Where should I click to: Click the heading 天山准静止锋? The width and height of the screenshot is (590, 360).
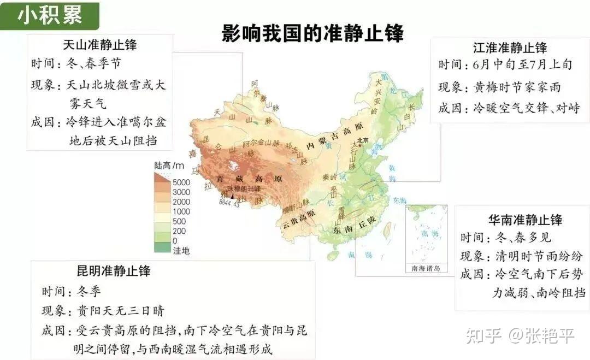[100, 45]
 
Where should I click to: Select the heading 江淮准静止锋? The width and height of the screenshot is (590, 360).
[510, 47]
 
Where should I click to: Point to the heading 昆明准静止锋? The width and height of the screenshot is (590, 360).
[114, 270]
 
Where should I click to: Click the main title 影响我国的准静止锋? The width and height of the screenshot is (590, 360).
[312, 33]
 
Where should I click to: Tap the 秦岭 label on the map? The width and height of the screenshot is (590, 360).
[329, 177]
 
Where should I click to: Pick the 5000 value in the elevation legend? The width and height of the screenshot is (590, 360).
[181, 182]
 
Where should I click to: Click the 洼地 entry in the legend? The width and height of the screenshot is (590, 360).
[181, 251]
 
